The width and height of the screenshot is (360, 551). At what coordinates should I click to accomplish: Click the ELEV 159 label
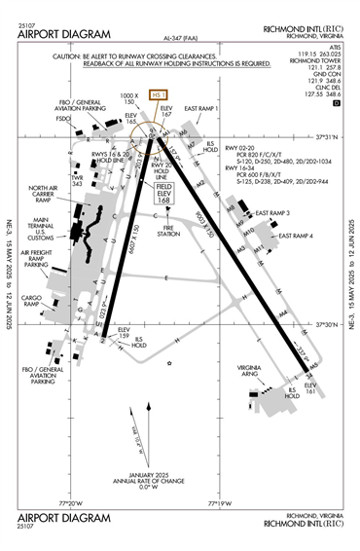124,333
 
